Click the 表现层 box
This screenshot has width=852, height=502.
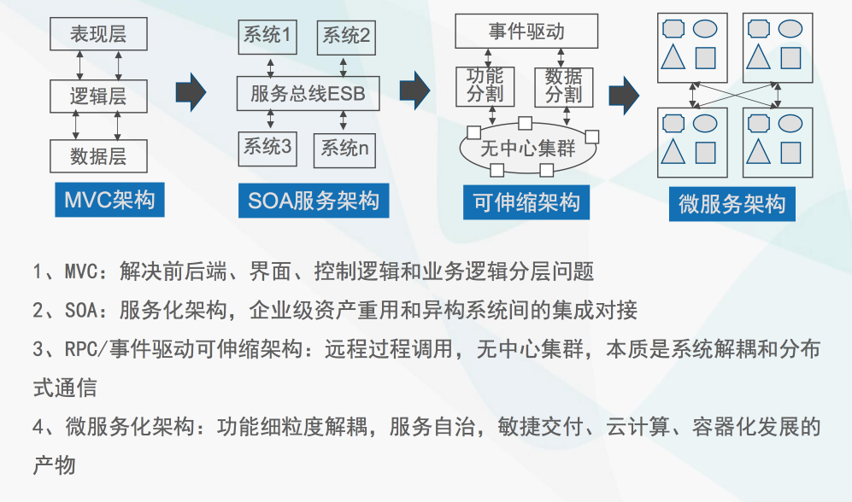[98, 34]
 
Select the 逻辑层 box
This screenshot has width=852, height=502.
[98, 96]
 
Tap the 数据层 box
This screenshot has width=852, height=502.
[98, 156]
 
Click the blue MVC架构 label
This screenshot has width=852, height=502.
[109, 200]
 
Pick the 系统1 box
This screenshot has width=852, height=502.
[267, 37]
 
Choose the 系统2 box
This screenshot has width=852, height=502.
[346, 38]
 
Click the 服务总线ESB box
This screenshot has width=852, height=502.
[308, 93]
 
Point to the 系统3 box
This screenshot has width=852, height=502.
[267, 149]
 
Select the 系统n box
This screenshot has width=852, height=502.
[344, 150]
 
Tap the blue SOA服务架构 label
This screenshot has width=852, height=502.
[314, 201]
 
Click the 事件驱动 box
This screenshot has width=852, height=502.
[526, 31]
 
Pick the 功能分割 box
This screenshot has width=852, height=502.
[485, 86]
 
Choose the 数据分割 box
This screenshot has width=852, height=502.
[563, 87]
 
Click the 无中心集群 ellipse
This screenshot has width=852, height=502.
[528, 148]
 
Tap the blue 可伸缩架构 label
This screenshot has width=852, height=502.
[526, 202]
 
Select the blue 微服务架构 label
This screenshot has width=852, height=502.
[732, 204]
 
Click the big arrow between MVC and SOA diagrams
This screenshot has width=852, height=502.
[191, 92]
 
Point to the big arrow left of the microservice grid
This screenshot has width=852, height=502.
[624, 96]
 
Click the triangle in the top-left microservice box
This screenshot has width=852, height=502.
[673, 56]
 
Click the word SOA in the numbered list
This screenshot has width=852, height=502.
[81, 311]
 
